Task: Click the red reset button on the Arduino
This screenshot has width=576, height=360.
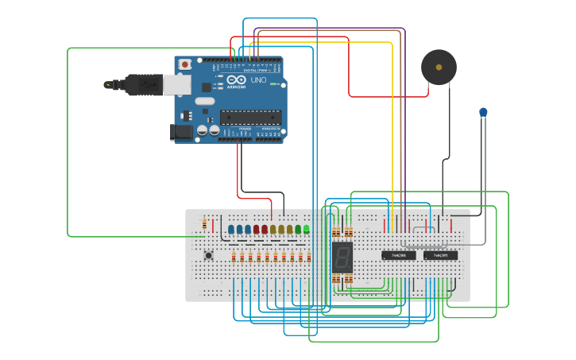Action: tap(184, 64)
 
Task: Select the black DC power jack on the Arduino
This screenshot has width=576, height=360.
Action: tap(182, 133)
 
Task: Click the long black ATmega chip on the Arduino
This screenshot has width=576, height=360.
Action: tap(251, 117)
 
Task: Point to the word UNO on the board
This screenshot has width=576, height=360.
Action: tap(258, 80)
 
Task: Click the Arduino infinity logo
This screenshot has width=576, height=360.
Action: tap(236, 79)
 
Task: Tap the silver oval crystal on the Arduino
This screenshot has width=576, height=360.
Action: tap(204, 101)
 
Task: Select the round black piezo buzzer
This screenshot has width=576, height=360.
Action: tap(439, 67)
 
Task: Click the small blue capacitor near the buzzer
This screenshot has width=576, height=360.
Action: tap(483, 113)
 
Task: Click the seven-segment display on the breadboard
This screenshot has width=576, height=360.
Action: tap(342, 256)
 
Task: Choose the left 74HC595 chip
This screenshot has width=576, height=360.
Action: tap(398, 255)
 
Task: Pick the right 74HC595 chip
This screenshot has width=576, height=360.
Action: tap(440, 255)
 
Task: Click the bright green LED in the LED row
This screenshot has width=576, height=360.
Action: tap(306, 229)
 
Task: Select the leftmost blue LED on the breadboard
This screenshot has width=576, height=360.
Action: tap(231, 230)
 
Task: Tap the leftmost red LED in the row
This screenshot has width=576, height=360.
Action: tap(256, 230)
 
